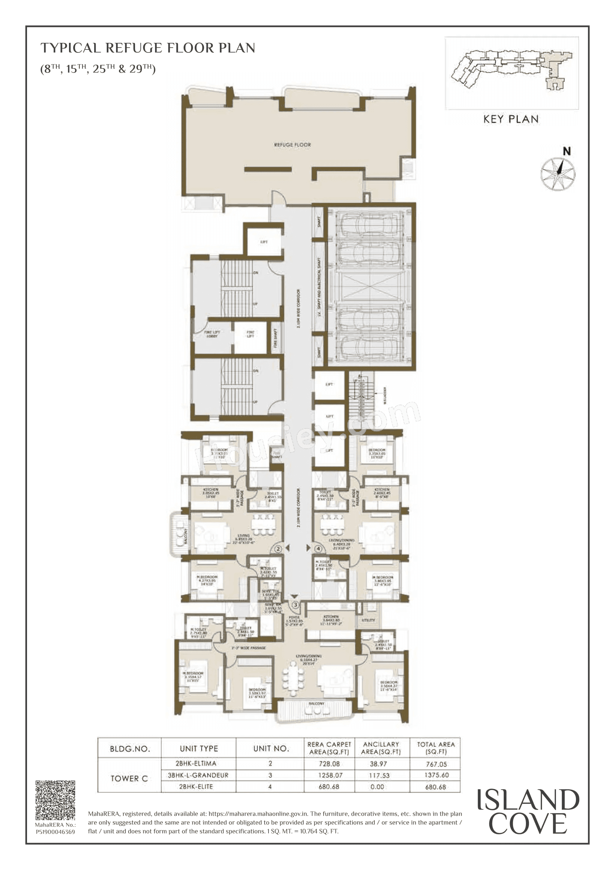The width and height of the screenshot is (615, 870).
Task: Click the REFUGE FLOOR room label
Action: tap(292, 145)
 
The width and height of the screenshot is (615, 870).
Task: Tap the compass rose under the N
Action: tap(557, 174)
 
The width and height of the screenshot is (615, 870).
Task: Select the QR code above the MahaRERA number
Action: tap(55, 800)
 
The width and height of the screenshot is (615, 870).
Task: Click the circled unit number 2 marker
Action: tap(278, 549)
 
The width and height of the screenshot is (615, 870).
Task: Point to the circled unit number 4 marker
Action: tap(319, 549)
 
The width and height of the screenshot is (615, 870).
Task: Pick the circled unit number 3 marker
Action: tap(295, 605)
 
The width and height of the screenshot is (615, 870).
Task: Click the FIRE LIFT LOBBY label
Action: tap(212, 334)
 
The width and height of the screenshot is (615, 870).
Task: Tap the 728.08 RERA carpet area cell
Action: tap(329, 764)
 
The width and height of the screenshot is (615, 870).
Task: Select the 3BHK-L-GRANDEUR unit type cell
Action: tap(198, 775)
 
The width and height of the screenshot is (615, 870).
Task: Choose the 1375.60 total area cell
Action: tap(436, 775)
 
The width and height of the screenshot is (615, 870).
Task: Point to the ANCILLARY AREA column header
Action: tap(381, 748)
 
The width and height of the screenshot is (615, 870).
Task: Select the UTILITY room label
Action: tap(368, 620)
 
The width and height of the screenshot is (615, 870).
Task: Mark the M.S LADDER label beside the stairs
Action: tap(385, 396)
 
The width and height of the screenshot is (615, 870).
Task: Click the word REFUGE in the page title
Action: tap(133, 48)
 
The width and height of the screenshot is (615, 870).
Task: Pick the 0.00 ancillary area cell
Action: tap(377, 787)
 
